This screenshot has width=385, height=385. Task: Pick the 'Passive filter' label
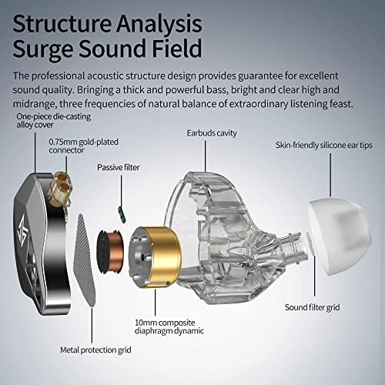tap(118, 166)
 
